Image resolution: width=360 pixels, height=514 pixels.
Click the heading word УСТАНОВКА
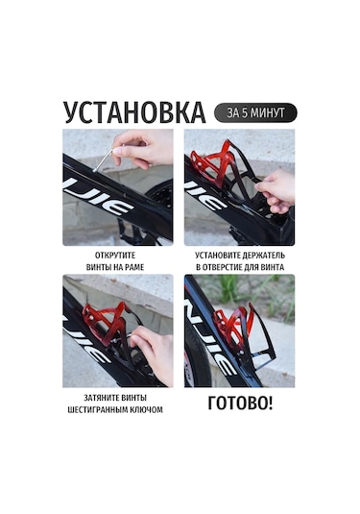coord(134,112)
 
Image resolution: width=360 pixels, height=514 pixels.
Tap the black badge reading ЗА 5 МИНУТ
coord(255,112)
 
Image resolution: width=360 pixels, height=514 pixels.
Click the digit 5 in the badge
coord(245,112)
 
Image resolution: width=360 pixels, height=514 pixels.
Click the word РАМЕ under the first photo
coord(133,267)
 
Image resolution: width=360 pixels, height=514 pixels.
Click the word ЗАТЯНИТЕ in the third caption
coord(101,398)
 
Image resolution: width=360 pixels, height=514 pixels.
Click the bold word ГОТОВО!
coord(240,404)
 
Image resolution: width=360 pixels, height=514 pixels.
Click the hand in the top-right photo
coord(276,191)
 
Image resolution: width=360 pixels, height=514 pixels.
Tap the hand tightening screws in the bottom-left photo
coord(154,353)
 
